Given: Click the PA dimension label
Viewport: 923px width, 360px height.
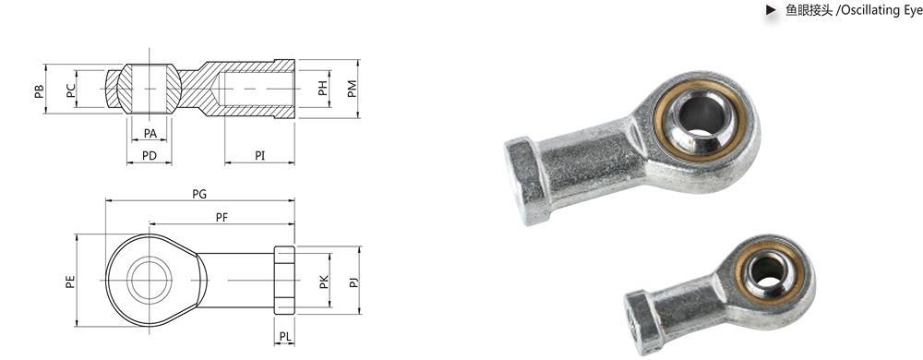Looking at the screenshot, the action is click(x=150, y=134).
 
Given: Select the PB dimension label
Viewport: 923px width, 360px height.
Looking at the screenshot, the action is click(x=39, y=90).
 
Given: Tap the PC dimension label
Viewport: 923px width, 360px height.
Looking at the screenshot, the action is click(x=71, y=90).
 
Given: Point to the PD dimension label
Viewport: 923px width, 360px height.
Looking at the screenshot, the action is click(x=150, y=155).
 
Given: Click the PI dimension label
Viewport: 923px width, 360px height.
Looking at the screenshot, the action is click(x=259, y=155).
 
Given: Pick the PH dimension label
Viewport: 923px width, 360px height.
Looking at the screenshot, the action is click(x=322, y=89).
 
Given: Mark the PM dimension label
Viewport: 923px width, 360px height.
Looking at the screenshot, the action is click(x=352, y=89).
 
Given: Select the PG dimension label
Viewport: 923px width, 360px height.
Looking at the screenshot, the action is click(x=199, y=194).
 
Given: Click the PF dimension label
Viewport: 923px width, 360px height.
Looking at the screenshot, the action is click(x=222, y=217).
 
